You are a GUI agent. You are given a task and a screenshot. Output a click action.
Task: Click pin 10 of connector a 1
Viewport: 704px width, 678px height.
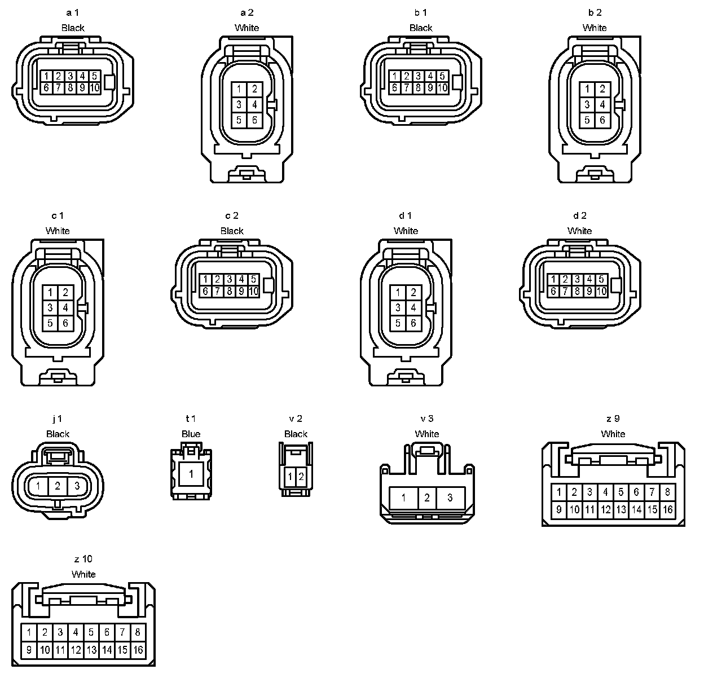94,87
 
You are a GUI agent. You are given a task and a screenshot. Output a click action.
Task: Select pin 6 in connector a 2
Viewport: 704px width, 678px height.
254,120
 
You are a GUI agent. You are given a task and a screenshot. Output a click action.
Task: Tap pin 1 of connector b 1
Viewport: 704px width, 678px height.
395,76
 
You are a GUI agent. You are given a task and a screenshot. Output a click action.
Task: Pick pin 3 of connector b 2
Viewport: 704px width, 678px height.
587,104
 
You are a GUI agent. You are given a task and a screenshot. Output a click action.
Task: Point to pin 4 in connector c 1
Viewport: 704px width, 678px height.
65,307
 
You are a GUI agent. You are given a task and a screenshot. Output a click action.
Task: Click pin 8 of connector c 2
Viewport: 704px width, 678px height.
230,291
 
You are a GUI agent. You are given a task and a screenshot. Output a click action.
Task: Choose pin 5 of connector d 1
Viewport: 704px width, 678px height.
398,323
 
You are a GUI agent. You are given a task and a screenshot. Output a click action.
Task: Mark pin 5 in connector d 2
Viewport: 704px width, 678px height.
601,279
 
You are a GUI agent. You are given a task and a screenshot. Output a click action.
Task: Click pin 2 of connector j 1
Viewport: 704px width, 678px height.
58,485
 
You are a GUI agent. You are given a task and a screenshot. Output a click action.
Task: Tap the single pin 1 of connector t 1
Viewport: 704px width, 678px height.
191,474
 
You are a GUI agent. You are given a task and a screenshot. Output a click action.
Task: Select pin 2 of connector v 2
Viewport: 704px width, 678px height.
301,477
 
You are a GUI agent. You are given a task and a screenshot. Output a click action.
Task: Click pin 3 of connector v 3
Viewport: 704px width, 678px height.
450,498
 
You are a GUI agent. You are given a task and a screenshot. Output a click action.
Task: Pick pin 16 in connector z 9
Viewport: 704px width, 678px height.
668,510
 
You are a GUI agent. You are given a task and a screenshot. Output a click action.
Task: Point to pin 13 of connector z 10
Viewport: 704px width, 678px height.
91,650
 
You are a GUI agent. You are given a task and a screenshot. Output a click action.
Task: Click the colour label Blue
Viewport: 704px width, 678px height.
191,434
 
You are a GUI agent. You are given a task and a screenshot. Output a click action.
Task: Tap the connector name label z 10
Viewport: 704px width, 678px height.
83,559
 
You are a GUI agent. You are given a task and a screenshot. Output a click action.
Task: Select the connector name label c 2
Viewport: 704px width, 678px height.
232,215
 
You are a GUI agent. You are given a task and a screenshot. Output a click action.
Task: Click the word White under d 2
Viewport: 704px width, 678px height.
579,231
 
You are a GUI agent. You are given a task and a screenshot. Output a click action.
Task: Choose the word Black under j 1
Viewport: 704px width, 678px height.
58,434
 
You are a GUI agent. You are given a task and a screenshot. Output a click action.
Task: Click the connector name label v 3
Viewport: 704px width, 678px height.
427,419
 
